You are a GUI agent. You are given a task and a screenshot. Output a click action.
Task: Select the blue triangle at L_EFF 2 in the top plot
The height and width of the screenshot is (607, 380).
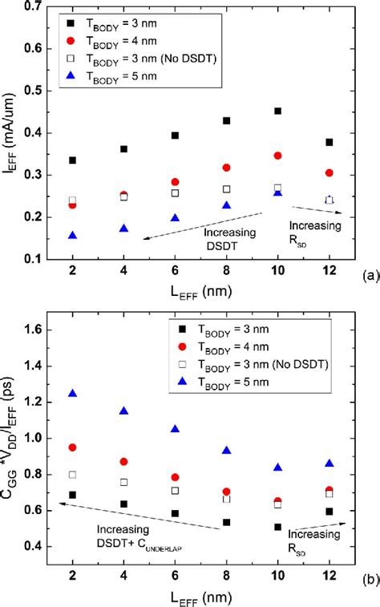click(73, 235)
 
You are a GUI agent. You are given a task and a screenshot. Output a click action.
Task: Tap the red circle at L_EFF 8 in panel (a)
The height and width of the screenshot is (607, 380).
click(249, 168)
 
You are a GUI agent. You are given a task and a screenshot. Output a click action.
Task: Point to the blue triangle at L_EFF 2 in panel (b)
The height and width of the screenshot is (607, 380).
click(73, 393)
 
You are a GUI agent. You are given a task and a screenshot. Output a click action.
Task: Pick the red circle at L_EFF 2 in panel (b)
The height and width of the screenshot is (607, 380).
click(73, 447)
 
